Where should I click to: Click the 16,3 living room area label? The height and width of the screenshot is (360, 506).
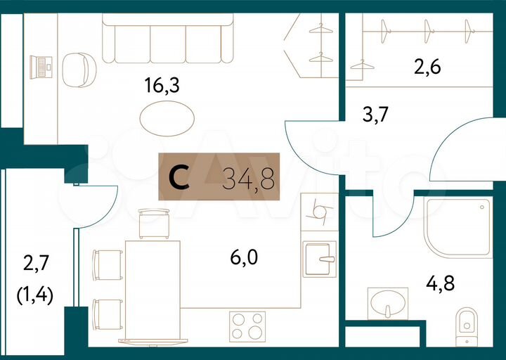click(162, 86)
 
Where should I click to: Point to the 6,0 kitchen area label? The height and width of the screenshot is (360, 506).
click(244, 258)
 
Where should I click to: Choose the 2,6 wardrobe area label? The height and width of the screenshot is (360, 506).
click(429, 69)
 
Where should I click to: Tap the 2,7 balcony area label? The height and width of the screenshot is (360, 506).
click(36, 264)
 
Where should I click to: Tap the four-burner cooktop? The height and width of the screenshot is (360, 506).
click(247, 327)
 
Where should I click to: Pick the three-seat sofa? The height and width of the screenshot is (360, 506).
click(167, 40)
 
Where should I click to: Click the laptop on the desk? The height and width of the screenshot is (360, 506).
click(41, 67)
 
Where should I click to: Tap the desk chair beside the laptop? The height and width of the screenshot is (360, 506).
click(78, 69)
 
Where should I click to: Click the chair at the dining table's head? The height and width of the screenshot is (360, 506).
click(154, 224)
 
